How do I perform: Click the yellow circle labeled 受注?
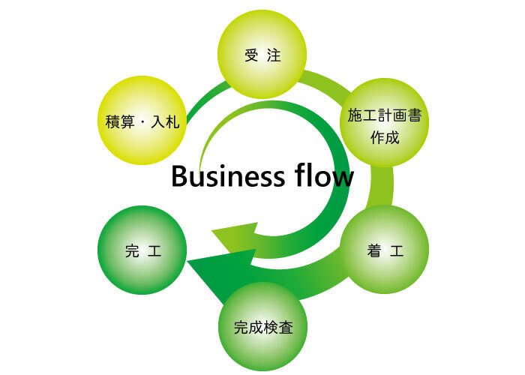pyautogui.click(x=262, y=56)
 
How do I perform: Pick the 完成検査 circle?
pyautogui.click(x=262, y=327)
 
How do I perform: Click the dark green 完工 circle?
pyautogui.click(x=142, y=250)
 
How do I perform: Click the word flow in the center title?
pyautogui.click(x=320, y=177)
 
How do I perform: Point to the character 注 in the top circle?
pyautogui.click(x=274, y=56)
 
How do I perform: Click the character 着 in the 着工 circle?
pyautogui.click(x=373, y=250)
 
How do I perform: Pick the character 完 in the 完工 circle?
pyautogui.click(x=132, y=250)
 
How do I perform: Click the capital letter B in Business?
pyautogui.click(x=179, y=177)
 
